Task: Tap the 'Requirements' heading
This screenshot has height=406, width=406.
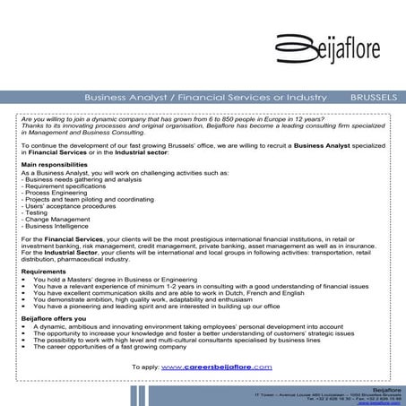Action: coord(43,271)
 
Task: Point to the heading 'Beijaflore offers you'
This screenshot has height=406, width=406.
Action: coord(53,318)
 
